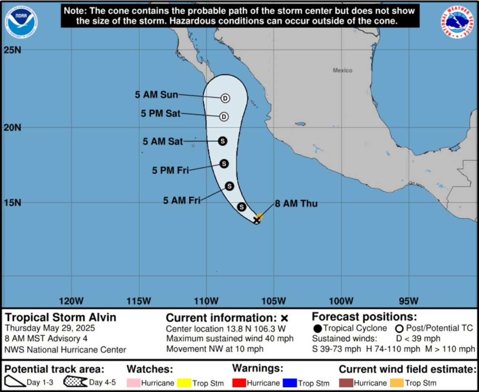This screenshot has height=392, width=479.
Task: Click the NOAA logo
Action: [x=21, y=22]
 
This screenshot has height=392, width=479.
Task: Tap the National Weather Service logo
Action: [x=457, y=22]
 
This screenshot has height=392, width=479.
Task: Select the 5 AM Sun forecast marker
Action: [x=225, y=98]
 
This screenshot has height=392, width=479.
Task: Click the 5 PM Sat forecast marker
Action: [x=224, y=117]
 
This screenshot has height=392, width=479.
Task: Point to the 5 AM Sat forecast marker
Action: [x=223, y=141]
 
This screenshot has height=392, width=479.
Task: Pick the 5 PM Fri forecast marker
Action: [x=224, y=163]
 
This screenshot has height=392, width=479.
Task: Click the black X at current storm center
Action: [x=257, y=220]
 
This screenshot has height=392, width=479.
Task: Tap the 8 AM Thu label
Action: [x=296, y=204]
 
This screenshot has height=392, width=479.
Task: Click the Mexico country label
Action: [x=342, y=70]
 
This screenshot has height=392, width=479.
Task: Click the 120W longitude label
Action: [x=71, y=300]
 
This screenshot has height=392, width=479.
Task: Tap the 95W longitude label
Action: [x=409, y=300]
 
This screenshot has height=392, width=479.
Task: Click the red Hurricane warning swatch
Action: [x=239, y=383]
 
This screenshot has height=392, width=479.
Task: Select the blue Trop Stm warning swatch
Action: [x=290, y=383]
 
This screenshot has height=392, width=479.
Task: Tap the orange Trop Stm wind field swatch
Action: [x=397, y=383]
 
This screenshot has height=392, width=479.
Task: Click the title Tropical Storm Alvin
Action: [x=61, y=317]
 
